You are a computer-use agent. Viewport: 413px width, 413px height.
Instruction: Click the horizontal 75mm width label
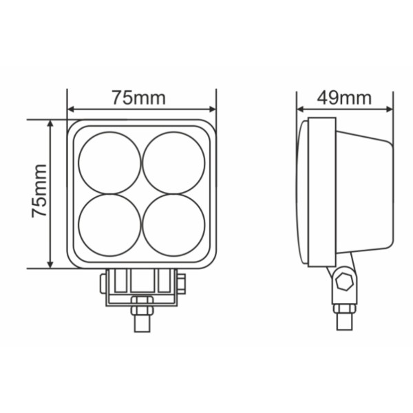point(139,98)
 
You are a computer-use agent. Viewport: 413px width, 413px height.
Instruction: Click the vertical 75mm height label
point(39,191)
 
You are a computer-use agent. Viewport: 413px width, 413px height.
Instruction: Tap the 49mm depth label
point(344,98)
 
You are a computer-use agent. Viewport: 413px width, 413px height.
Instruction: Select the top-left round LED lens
point(110,163)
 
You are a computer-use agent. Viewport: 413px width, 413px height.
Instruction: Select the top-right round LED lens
point(174,163)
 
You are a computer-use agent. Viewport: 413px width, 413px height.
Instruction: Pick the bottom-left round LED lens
point(110,225)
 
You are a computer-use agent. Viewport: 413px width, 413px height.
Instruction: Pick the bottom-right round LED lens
point(174,225)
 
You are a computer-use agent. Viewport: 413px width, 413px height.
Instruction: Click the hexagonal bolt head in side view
point(345,282)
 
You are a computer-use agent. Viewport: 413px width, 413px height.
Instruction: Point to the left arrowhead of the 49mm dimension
point(301,109)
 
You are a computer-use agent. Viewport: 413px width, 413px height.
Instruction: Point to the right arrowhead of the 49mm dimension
point(389,109)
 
